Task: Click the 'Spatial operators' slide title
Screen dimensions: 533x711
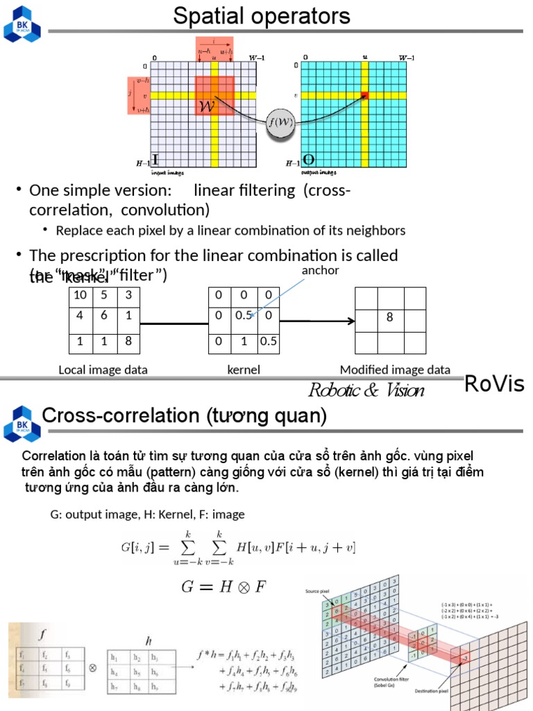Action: [x=262, y=15]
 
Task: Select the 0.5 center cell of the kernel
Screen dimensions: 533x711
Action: [x=243, y=316]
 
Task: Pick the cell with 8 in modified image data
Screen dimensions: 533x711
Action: [x=390, y=317]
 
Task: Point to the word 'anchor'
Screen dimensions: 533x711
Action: [x=320, y=270]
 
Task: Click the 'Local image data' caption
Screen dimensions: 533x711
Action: [x=103, y=370]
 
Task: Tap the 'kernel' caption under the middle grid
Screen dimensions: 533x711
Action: [x=244, y=370]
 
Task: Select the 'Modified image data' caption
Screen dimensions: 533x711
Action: [x=395, y=370]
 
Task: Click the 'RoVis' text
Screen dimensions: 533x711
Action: [x=494, y=383]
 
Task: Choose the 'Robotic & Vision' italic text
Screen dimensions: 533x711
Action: [x=366, y=390]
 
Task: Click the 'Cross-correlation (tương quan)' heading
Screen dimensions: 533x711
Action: [x=184, y=416]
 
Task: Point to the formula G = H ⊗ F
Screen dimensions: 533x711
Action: [x=223, y=587]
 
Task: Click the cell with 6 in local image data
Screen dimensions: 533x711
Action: [x=103, y=316]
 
